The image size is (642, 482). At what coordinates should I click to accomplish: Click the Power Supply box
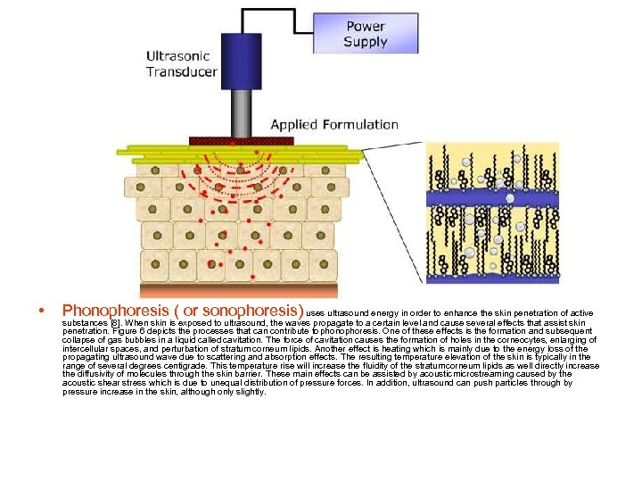pos(366,34)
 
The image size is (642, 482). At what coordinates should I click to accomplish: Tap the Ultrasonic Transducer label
pos(182,63)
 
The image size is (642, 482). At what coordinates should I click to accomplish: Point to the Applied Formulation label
pos(334,124)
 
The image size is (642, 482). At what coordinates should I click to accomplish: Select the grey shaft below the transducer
pos(241,112)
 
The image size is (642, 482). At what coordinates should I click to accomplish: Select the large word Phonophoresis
pos(117,311)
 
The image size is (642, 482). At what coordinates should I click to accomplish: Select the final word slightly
pos(250,391)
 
